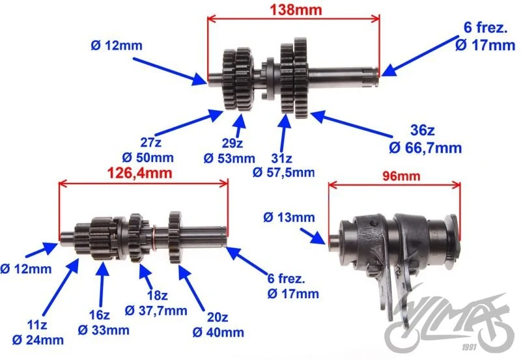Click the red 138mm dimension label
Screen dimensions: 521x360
tap(296, 10)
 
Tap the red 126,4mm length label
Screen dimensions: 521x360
tap(140, 173)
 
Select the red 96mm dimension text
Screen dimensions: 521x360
tap(401, 176)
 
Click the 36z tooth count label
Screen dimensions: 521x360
tap(422, 130)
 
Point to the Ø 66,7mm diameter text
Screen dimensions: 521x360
tap(425, 148)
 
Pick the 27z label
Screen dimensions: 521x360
tap(151, 143)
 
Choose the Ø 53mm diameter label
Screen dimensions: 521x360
tap(229, 158)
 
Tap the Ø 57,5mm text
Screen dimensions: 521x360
tap(283, 173)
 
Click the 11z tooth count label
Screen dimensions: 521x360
tap(37, 325)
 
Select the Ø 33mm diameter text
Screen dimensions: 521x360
tap(104, 330)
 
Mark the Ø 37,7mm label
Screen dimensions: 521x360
tap(156, 311)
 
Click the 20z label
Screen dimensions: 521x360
tap(218, 318)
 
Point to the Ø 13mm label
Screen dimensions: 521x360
tap(289, 217)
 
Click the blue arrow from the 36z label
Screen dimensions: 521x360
tap(352, 124)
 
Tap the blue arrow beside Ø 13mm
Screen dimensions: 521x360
tap(313, 236)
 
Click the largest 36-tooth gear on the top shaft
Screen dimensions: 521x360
tap(300, 78)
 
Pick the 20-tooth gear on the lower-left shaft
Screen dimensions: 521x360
tap(175, 237)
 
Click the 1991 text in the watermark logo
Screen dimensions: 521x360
tap(469, 347)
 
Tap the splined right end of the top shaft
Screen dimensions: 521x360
tap(371, 76)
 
